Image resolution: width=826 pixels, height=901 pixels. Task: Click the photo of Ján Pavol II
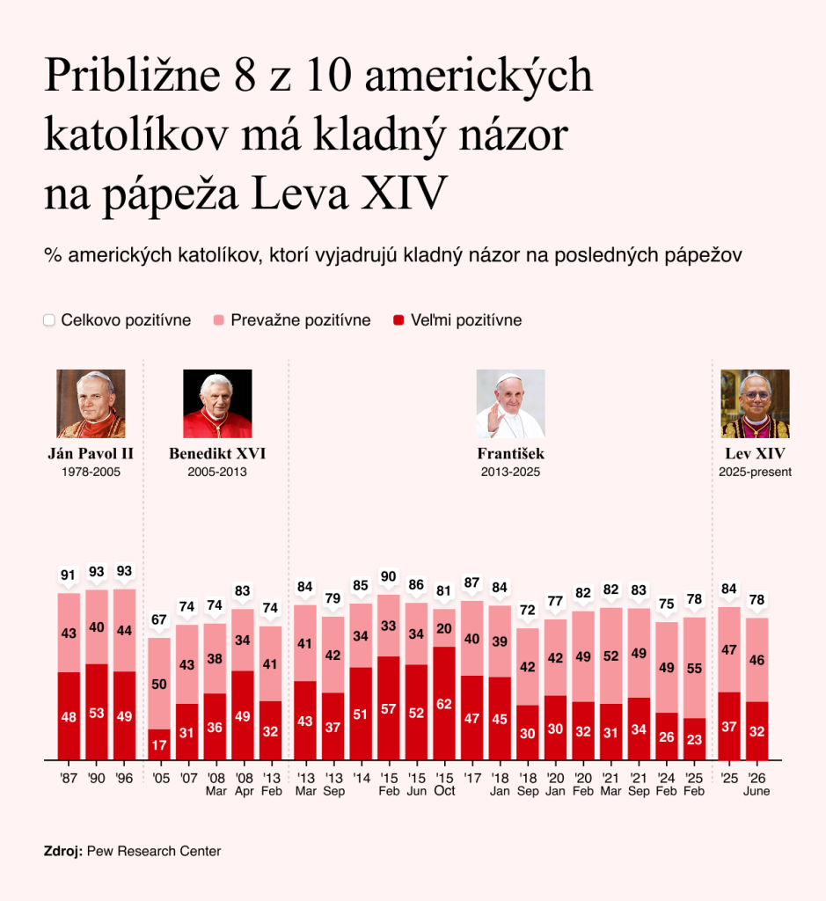click(91, 403)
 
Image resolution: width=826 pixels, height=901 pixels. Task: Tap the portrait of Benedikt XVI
click(217, 403)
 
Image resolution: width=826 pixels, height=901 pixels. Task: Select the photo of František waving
click(511, 403)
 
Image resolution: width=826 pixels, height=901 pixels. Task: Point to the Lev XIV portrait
click(755, 403)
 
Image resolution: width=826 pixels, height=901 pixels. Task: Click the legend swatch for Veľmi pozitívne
click(398, 320)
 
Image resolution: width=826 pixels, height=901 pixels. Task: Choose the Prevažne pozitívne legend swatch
click(218, 320)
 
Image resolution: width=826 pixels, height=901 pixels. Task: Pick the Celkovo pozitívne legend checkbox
click(49, 320)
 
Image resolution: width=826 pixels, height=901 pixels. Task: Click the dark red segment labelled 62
click(444, 703)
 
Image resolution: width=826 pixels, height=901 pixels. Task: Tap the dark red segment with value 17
click(159, 744)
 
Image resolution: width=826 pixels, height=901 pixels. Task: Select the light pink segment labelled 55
click(694, 668)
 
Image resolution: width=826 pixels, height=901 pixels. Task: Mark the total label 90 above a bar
click(388, 576)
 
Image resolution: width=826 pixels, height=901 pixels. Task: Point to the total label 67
click(159, 619)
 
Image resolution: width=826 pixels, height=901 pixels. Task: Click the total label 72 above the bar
click(527, 610)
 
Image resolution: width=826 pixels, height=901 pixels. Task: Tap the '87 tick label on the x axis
click(69, 778)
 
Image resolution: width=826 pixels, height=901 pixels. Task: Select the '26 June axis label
click(757, 784)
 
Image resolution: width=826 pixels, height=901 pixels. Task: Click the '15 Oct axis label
click(444, 784)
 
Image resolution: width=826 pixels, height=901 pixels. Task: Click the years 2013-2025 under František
click(511, 472)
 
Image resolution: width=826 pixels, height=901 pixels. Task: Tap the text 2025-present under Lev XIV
click(755, 472)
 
